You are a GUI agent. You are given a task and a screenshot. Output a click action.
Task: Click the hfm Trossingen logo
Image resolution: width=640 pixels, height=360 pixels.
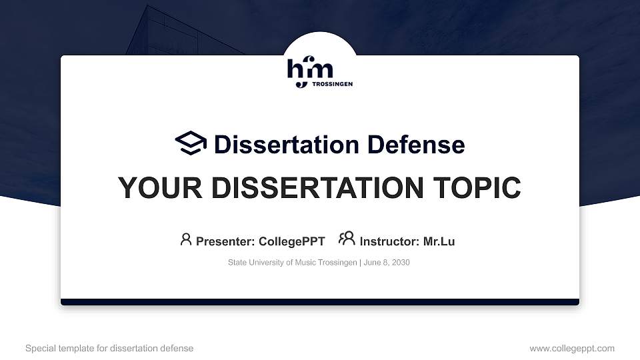click(x=319, y=73)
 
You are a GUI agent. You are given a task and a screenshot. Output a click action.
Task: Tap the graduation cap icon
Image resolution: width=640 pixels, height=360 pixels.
click(x=191, y=143)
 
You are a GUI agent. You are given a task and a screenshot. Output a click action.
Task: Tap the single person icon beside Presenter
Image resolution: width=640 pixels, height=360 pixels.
click(x=186, y=239)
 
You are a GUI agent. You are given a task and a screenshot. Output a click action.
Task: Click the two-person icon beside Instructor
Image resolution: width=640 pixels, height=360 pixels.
click(x=347, y=239)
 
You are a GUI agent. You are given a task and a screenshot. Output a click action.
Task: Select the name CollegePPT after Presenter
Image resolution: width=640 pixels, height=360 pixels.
click(x=291, y=241)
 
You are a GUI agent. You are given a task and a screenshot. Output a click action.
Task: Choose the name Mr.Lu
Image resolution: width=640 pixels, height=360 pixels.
click(x=439, y=241)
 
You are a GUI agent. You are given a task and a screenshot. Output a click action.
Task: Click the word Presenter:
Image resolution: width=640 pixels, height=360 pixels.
click(x=225, y=241)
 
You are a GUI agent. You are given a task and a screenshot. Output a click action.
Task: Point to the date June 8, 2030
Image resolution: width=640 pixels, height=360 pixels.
click(x=387, y=263)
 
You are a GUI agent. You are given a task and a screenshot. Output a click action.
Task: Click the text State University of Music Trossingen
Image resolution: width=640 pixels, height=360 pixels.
click(x=292, y=263)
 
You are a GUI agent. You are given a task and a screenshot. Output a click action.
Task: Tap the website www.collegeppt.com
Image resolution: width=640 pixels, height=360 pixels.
click(x=572, y=348)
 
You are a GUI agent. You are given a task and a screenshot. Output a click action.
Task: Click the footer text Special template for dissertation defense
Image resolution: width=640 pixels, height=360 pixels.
click(x=109, y=348)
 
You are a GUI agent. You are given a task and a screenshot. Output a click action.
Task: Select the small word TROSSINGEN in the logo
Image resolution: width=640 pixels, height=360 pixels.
click(x=332, y=84)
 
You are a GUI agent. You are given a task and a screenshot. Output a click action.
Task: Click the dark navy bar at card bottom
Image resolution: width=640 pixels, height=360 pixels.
click(x=320, y=302)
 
